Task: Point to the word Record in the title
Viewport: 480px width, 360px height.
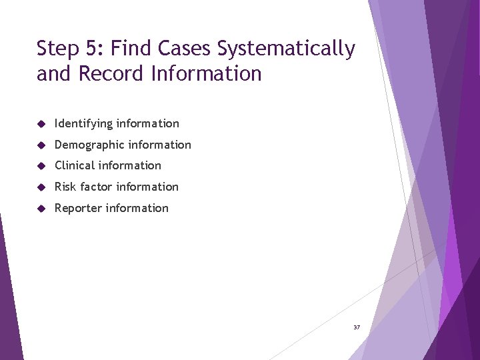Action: pyautogui.click(x=112, y=73)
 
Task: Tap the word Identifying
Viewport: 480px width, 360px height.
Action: pyautogui.click(x=83, y=123)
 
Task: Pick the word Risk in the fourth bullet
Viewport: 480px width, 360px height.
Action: pyautogui.click(x=65, y=187)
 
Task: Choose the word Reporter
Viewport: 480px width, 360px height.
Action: pyautogui.click(x=79, y=208)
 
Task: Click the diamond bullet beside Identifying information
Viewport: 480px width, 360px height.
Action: pyautogui.click(x=41, y=124)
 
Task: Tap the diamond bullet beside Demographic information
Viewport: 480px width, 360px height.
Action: pyautogui.click(x=41, y=145)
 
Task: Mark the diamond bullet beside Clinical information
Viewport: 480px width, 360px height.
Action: pyautogui.click(x=41, y=166)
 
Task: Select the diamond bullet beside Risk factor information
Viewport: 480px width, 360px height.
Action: pyautogui.click(x=41, y=187)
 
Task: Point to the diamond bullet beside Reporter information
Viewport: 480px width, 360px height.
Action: pyautogui.click(x=41, y=209)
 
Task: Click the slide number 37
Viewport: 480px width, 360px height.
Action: pyautogui.click(x=357, y=327)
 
